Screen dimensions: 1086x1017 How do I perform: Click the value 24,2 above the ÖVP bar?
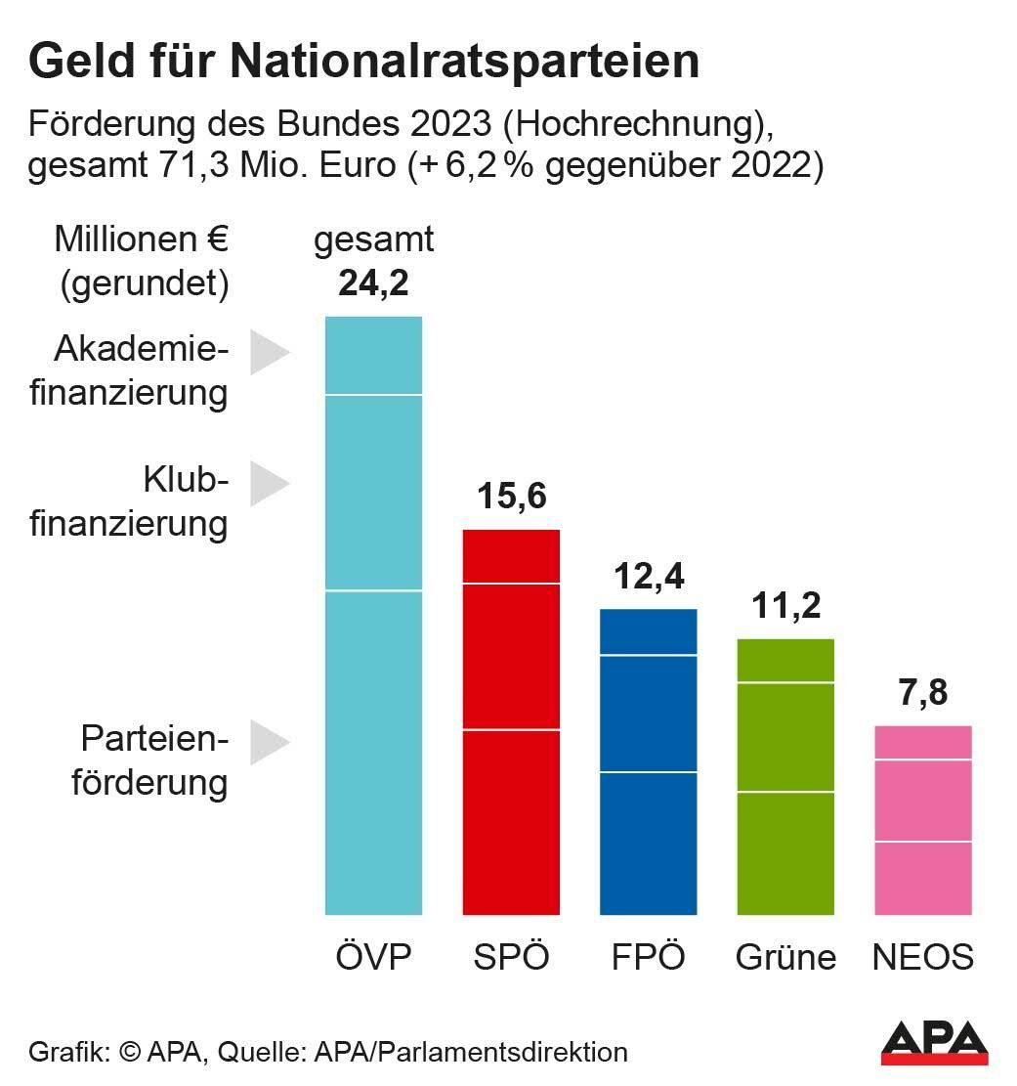(x=372, y=283)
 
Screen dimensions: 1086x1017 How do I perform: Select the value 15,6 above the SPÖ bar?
(x=511, y=497)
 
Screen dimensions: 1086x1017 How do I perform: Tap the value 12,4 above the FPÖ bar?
(x=648, y=577)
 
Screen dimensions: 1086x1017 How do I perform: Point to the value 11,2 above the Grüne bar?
(x=785, y=606)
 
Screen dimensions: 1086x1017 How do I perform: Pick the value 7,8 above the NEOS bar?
(x=922, y=693)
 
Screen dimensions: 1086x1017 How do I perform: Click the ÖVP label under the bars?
(x=372, y=956)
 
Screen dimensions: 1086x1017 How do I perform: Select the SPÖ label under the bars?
(x=511, y=956)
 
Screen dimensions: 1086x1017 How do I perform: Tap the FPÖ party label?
(x=648, y=956)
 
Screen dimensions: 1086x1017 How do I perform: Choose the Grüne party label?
(x=785, y=956)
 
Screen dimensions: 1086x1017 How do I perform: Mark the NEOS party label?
(x=922, y=956)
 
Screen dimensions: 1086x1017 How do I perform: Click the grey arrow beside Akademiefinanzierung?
(x=269, y=352)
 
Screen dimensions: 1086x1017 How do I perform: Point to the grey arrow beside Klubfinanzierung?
(x=269, y=483)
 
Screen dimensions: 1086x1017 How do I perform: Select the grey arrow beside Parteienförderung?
(x=269, y=743)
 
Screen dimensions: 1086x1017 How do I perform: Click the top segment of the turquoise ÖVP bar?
(x=372, y=356)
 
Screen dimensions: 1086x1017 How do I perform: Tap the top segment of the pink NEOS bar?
(x=922, y=742)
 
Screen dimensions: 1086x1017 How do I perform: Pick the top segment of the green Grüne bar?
(x=785, y=661)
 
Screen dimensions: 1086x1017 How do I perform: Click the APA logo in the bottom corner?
(x=934, y=1043)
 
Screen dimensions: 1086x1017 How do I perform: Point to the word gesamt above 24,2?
(x=372, y=239)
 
